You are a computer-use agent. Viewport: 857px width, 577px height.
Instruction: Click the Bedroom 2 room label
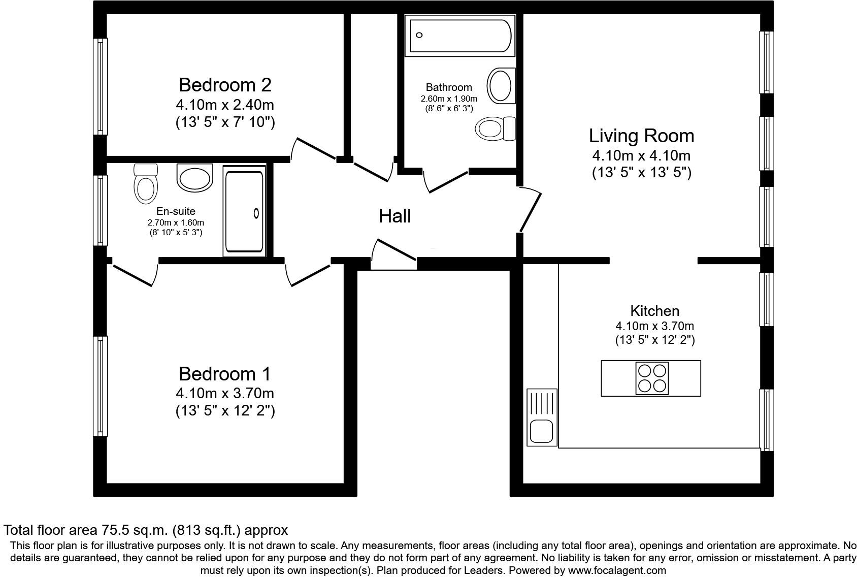(x=225, y=85)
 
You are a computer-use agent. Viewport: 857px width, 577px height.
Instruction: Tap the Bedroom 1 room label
(x=225, y=374)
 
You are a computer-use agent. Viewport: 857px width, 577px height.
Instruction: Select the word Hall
(x=395, y=216)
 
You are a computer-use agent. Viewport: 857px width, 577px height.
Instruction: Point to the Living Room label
(x=641, y=136)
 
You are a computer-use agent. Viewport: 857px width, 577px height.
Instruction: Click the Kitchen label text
(x=654, y=311)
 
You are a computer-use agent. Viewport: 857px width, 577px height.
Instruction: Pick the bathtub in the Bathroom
(x=460, y=36)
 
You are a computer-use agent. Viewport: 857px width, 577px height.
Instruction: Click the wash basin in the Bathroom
(x=501, y=86)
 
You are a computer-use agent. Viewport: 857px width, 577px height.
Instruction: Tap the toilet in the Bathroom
(x=496, y=129)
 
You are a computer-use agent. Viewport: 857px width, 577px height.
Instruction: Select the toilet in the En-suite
(x=146, y=184)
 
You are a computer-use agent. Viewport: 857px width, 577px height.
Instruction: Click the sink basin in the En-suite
(x=195, y=178)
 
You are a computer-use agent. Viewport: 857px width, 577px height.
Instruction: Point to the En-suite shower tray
(x=245, y=211)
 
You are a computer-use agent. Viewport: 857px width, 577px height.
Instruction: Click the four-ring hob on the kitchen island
(x=652, y=378)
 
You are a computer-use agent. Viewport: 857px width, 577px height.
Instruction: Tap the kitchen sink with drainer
(x=542, y=418)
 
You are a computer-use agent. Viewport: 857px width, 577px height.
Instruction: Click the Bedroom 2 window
(x=100, y=86)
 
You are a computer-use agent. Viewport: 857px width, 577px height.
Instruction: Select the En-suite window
(x=100, y=210)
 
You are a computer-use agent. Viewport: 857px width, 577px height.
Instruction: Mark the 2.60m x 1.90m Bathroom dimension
(x=449, y=99)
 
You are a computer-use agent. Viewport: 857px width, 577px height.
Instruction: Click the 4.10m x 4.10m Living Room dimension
(x=641, y=155)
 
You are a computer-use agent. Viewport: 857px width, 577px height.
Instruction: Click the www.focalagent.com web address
(x=617, y=570)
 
